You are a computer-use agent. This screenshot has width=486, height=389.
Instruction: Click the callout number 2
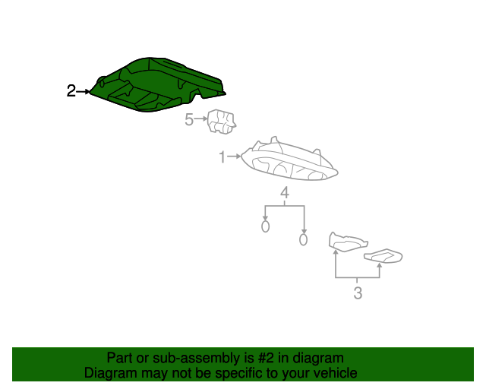click(71, 91)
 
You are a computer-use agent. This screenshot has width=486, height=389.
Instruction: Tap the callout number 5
click(189, 119)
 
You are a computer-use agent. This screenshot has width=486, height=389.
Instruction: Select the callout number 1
click(222, 157)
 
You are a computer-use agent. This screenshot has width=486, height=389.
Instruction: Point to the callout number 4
click(285, 193)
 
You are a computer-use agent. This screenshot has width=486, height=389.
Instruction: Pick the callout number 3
click(358, 293)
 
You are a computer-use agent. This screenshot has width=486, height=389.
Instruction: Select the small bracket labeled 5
click(221, 122)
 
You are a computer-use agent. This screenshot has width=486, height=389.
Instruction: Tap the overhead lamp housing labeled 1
click(290, 161)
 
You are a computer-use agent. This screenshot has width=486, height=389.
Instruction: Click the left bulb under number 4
click(265, 226)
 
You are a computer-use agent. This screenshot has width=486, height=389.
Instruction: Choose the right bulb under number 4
click(303, 239)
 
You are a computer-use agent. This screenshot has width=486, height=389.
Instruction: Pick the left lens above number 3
click(347, 242)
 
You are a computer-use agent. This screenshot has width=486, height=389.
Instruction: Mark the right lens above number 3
click(383, 256)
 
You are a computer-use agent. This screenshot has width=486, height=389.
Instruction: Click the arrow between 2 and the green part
click(83, 91)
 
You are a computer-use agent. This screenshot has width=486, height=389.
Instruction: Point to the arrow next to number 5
click(200, 119)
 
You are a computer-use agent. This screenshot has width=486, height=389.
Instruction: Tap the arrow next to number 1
click(234, 157)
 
